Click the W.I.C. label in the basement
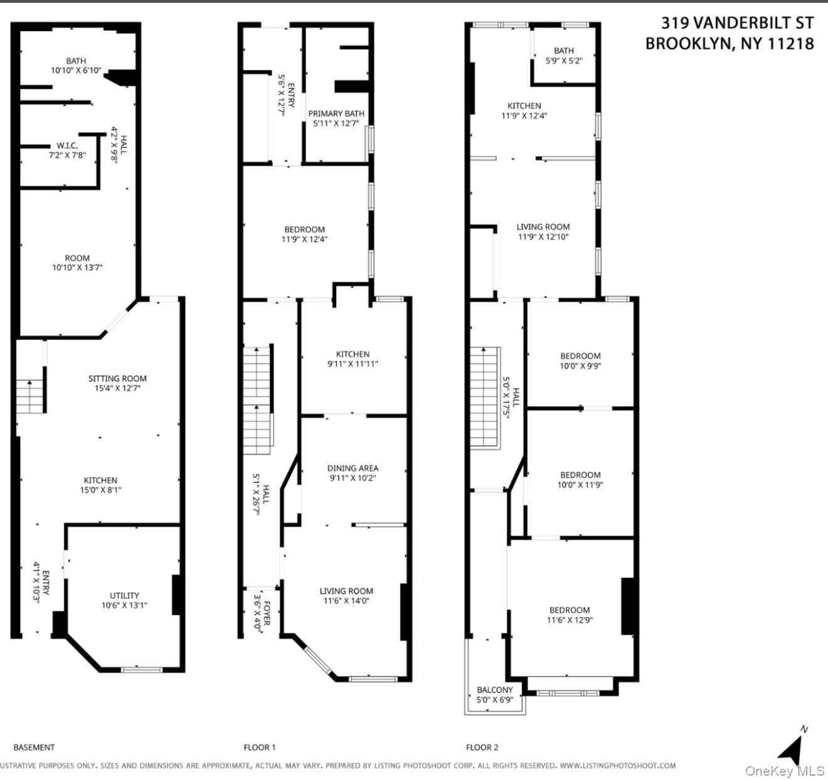(66, 146)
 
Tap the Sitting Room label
(117, 379)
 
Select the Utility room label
(124, 596)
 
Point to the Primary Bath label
(336, 114)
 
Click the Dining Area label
(353, 468)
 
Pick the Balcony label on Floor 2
(495, 690)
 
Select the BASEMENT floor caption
(34, 747)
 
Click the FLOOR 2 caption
(482, 747)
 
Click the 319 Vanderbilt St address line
(737, 23)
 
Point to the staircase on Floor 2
(485, 398)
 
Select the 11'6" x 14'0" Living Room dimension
(346, 601)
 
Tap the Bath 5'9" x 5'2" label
(563, 56)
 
